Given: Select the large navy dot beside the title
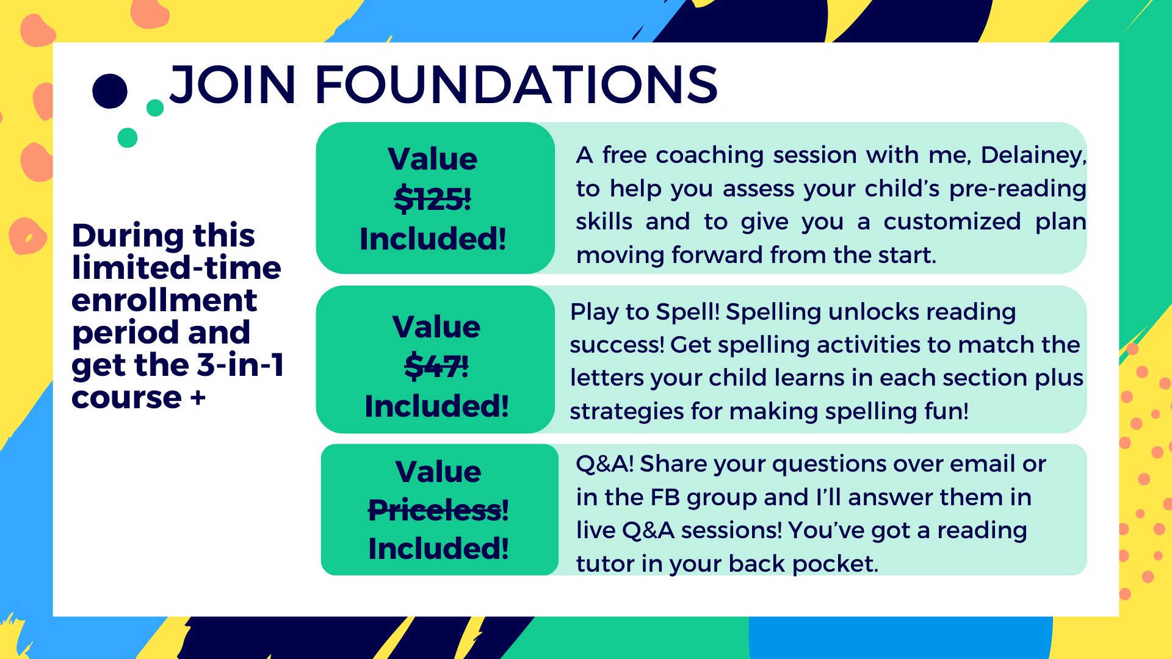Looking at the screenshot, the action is (x=110, y=92).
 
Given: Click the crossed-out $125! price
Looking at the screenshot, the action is (x=433, y=199).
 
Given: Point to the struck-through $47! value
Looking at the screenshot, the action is (x=436, y=366).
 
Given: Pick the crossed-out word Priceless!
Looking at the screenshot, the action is (x=438, y=510).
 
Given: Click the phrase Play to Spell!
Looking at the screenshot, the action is (x=645, y=312).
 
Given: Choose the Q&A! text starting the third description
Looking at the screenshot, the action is (x=605, y=464).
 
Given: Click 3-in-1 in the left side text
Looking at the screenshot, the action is (x=241, y=365).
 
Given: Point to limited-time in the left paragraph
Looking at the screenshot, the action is (x=176, y=268).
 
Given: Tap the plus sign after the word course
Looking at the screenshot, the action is (x=198, y=398).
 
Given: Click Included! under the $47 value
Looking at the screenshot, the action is (x=436, y=406).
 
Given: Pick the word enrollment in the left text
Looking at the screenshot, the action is (x=164, y=300).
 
